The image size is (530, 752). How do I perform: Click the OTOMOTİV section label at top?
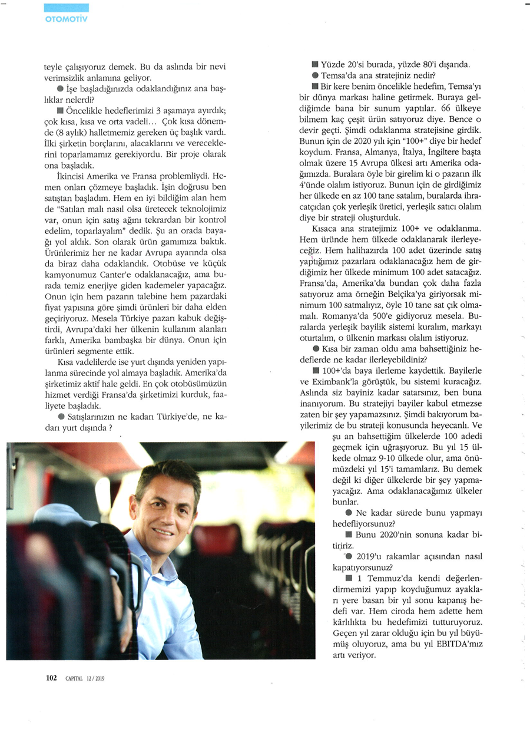[x=67, y=18]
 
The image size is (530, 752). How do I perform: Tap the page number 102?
[x=51, y=678]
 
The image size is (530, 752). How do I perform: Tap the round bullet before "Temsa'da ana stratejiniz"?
[x=316, y=75]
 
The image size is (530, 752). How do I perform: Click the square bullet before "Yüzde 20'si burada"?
[x=316, y=64]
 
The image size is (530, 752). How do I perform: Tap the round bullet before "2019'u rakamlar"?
[x=349, y=556]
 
